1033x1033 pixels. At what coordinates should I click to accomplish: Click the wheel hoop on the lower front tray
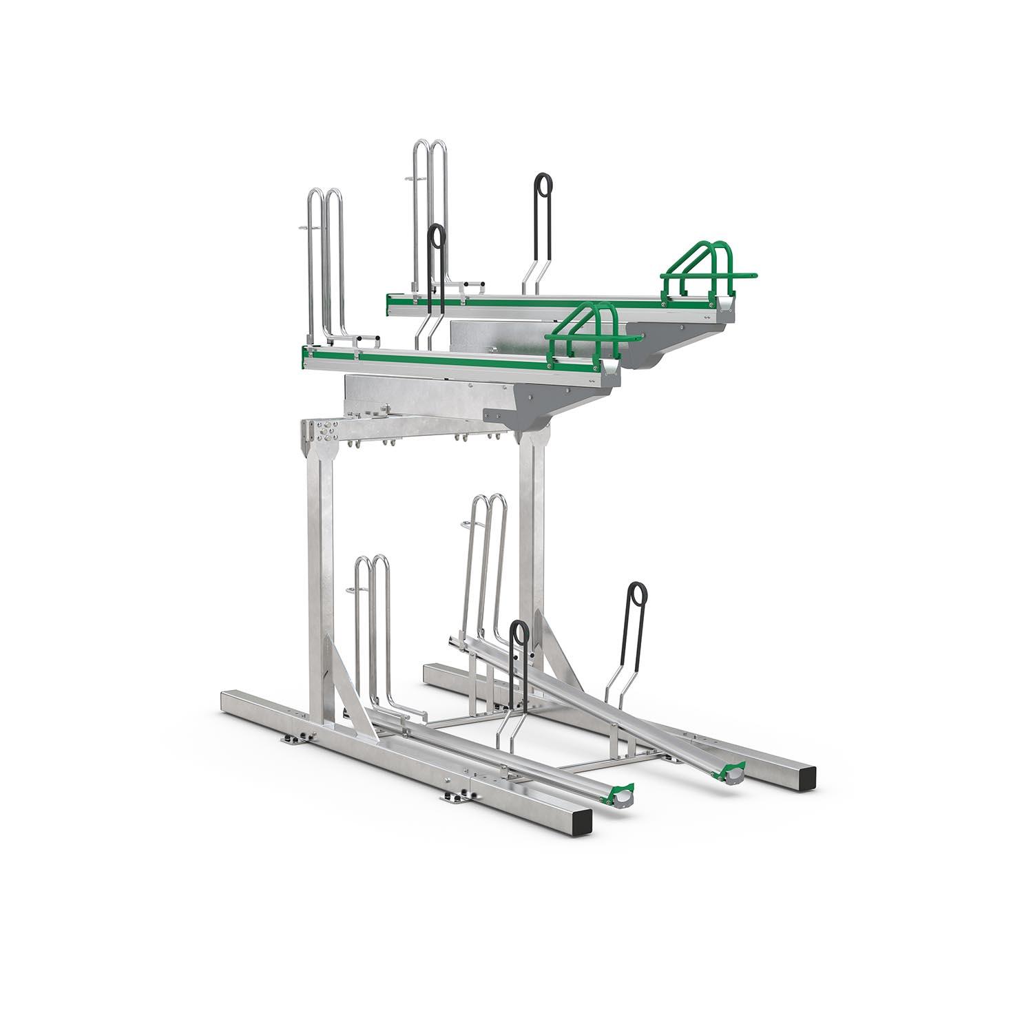tap(373, 620)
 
